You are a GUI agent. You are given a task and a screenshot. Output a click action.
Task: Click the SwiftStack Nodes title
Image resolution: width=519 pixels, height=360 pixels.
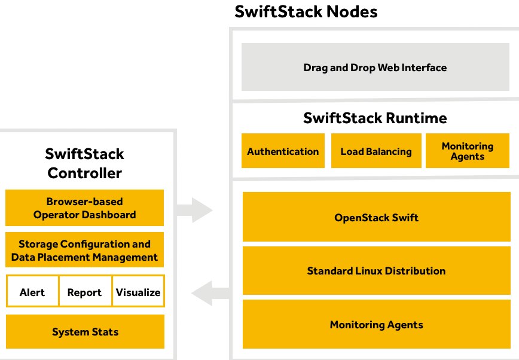306,11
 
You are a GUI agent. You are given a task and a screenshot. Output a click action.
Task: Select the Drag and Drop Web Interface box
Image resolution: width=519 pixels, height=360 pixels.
375,67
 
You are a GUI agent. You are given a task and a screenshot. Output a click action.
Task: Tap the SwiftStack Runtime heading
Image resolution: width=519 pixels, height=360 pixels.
375,118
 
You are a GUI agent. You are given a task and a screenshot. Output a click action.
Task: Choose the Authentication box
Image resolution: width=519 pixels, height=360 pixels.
283,151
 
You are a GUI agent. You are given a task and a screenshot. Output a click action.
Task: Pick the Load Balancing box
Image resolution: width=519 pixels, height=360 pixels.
376,151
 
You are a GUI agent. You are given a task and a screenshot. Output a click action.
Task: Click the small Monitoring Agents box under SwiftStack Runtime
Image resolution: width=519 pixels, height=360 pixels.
468,151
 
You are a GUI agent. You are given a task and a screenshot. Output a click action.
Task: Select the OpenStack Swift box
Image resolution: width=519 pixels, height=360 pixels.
376,217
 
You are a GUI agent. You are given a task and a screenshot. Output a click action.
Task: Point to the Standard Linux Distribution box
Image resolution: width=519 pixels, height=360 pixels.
376,270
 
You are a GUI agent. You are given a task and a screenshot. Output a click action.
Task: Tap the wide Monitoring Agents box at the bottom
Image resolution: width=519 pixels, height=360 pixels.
376,324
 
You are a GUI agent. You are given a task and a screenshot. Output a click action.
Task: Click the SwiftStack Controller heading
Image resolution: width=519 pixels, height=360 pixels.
85,163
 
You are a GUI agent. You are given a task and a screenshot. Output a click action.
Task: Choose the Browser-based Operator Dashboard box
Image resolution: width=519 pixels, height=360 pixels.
85,208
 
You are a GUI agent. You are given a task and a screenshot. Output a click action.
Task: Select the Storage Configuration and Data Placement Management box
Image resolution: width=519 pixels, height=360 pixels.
85,250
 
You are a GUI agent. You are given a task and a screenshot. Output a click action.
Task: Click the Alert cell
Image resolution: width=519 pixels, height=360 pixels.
32,291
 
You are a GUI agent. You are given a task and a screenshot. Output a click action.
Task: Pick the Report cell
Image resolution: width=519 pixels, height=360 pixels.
85,291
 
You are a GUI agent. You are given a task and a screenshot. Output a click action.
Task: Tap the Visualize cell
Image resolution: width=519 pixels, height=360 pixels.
138,291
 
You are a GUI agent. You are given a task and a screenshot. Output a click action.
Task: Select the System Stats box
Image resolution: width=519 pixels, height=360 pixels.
85,331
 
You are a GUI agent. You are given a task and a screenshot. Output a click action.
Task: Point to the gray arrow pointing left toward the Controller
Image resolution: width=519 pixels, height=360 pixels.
210,293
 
